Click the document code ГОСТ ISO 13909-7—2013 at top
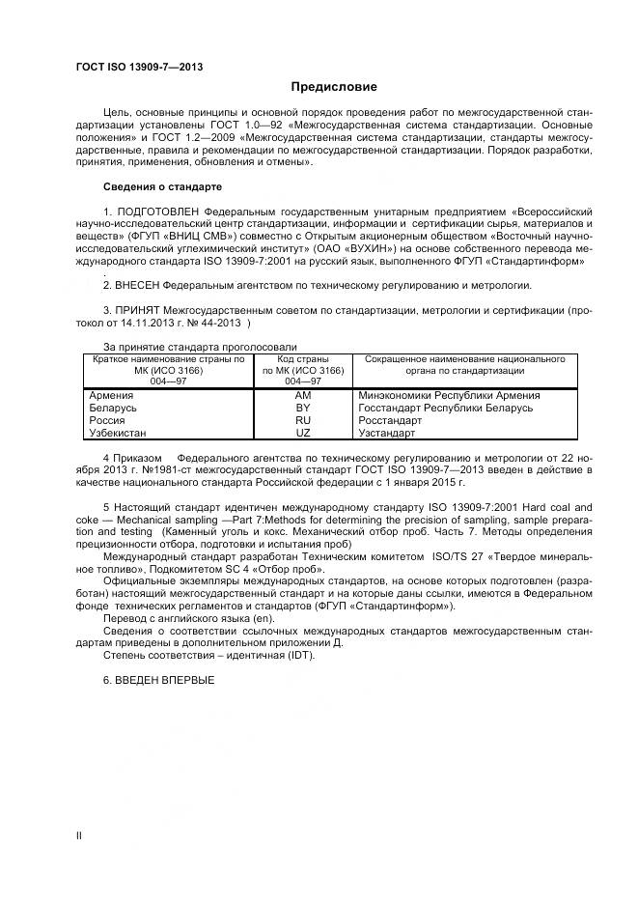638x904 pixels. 139,67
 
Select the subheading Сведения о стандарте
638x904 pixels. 162,185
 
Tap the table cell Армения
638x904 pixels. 111,396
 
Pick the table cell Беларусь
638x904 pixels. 113,409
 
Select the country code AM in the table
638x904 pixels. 303,396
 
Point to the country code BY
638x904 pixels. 303,409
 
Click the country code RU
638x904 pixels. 303,421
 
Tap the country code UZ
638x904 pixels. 303,433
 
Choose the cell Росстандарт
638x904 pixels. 389,421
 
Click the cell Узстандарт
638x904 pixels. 386,433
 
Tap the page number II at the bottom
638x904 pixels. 79,834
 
